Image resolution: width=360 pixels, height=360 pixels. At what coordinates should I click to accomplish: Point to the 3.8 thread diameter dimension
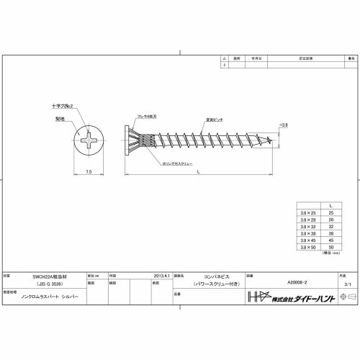click(283, 125)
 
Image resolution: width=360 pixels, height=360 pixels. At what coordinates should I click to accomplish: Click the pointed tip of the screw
click(276, 140)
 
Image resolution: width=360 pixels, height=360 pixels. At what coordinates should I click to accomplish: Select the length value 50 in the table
click(330, 246)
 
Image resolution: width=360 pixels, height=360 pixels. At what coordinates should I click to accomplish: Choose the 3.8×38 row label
click(308, 233)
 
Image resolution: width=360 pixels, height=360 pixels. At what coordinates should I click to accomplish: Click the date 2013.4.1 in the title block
click(163, 274)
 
